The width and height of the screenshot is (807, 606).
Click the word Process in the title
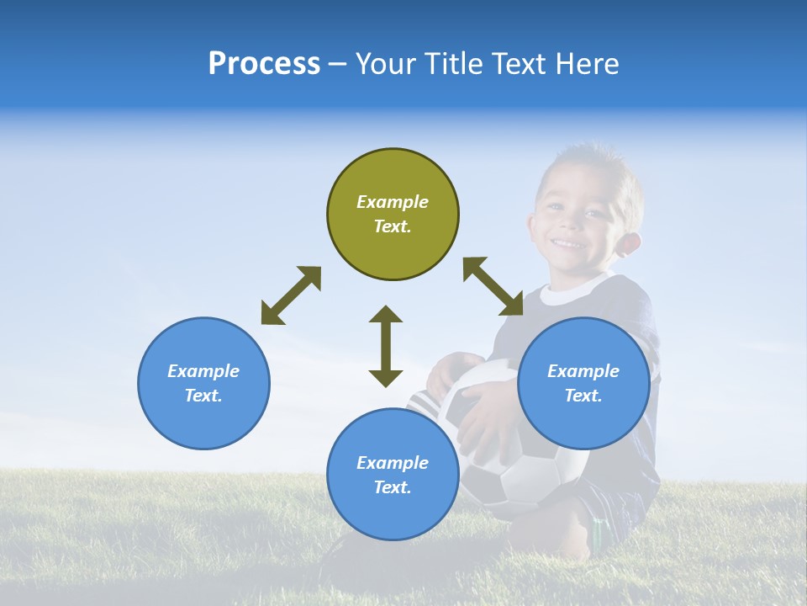pyautogui.click(x=264, y=64)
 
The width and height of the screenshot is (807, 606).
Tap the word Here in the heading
pyautogui.click(x=585, y=64)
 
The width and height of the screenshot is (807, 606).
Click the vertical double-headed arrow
pyautogui.click(x=386, y=346)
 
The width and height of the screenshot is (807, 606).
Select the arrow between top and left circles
pyautogui.click(x=291, y=295)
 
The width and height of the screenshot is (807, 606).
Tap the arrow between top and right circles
pyautogui.click(x=493, y=286)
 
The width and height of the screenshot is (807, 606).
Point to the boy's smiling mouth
pyautogui.click(x=569, y=244)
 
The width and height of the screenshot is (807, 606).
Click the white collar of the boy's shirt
pyautogui.click(x=562, y=295)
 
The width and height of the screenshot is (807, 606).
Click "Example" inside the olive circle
pyautogui.click(x=393, y=202)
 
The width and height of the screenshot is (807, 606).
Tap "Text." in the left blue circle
pyautogui.click(x=203, y=396)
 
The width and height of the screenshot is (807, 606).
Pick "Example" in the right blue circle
pyautogui.click(x=583, y=371)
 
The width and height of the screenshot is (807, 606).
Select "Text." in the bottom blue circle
pyautogui.click(x=393, y=487)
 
